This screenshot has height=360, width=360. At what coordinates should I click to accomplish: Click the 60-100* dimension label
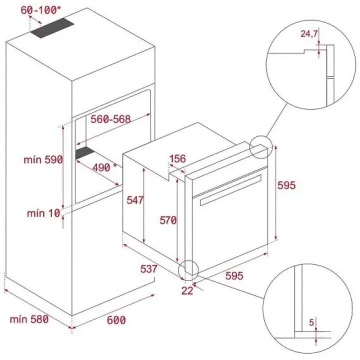pyautogui.click(x=41, y=10)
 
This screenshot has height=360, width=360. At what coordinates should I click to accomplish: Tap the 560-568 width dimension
pyautogui.click(x=110, y=119)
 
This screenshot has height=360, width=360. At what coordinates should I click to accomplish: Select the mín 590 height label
pyautogui.click(x=43, y=159)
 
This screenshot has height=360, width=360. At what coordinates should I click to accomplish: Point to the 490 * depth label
pyautogui.click(x=104, y=167)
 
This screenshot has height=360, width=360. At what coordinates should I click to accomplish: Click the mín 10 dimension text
pyautogui.click(x=43, y=213)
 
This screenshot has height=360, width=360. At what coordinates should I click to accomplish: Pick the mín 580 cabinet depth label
pyautogui.click(x=29, y=319)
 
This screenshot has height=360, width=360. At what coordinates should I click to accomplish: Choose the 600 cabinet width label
pyautogui.click(x=116, y=320)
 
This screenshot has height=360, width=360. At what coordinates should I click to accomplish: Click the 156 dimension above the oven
pyautogui.click(x=177, y=158)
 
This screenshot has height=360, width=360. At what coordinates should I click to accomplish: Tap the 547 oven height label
pyautogui.click(x=135, y=200)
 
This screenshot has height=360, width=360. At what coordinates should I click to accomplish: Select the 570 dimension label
pyautogui.click(x=168, y=220)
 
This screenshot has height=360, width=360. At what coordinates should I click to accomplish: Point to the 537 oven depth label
pyautogui.click(x=149, y=269)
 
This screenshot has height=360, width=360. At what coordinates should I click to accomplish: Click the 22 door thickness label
pyautogui.click(x=187, y=290)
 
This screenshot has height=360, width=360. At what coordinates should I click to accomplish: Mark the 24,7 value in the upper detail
pyautogui.click(x=309, y=34)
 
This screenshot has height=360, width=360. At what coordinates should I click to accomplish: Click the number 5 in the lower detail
pyautogui.click(x=311, y=322)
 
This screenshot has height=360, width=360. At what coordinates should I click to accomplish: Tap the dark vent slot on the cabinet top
pyautogui.click(x=52, y=28)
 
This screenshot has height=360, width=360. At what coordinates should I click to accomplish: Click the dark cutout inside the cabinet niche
pyautogui.click(x=84, y=152)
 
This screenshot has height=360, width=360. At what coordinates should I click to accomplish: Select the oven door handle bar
pyautogui.click(x=230, y=190)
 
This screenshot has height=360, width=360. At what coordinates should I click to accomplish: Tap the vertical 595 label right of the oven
pyautogui.click(x=286, y=185)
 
